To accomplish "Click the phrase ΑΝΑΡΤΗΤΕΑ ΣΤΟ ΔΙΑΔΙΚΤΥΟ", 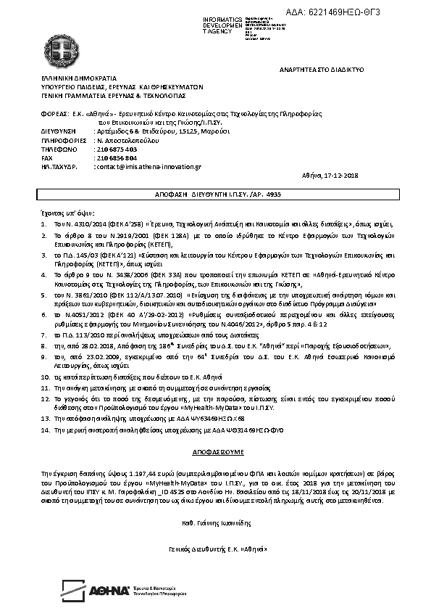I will [x=321, y=69].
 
